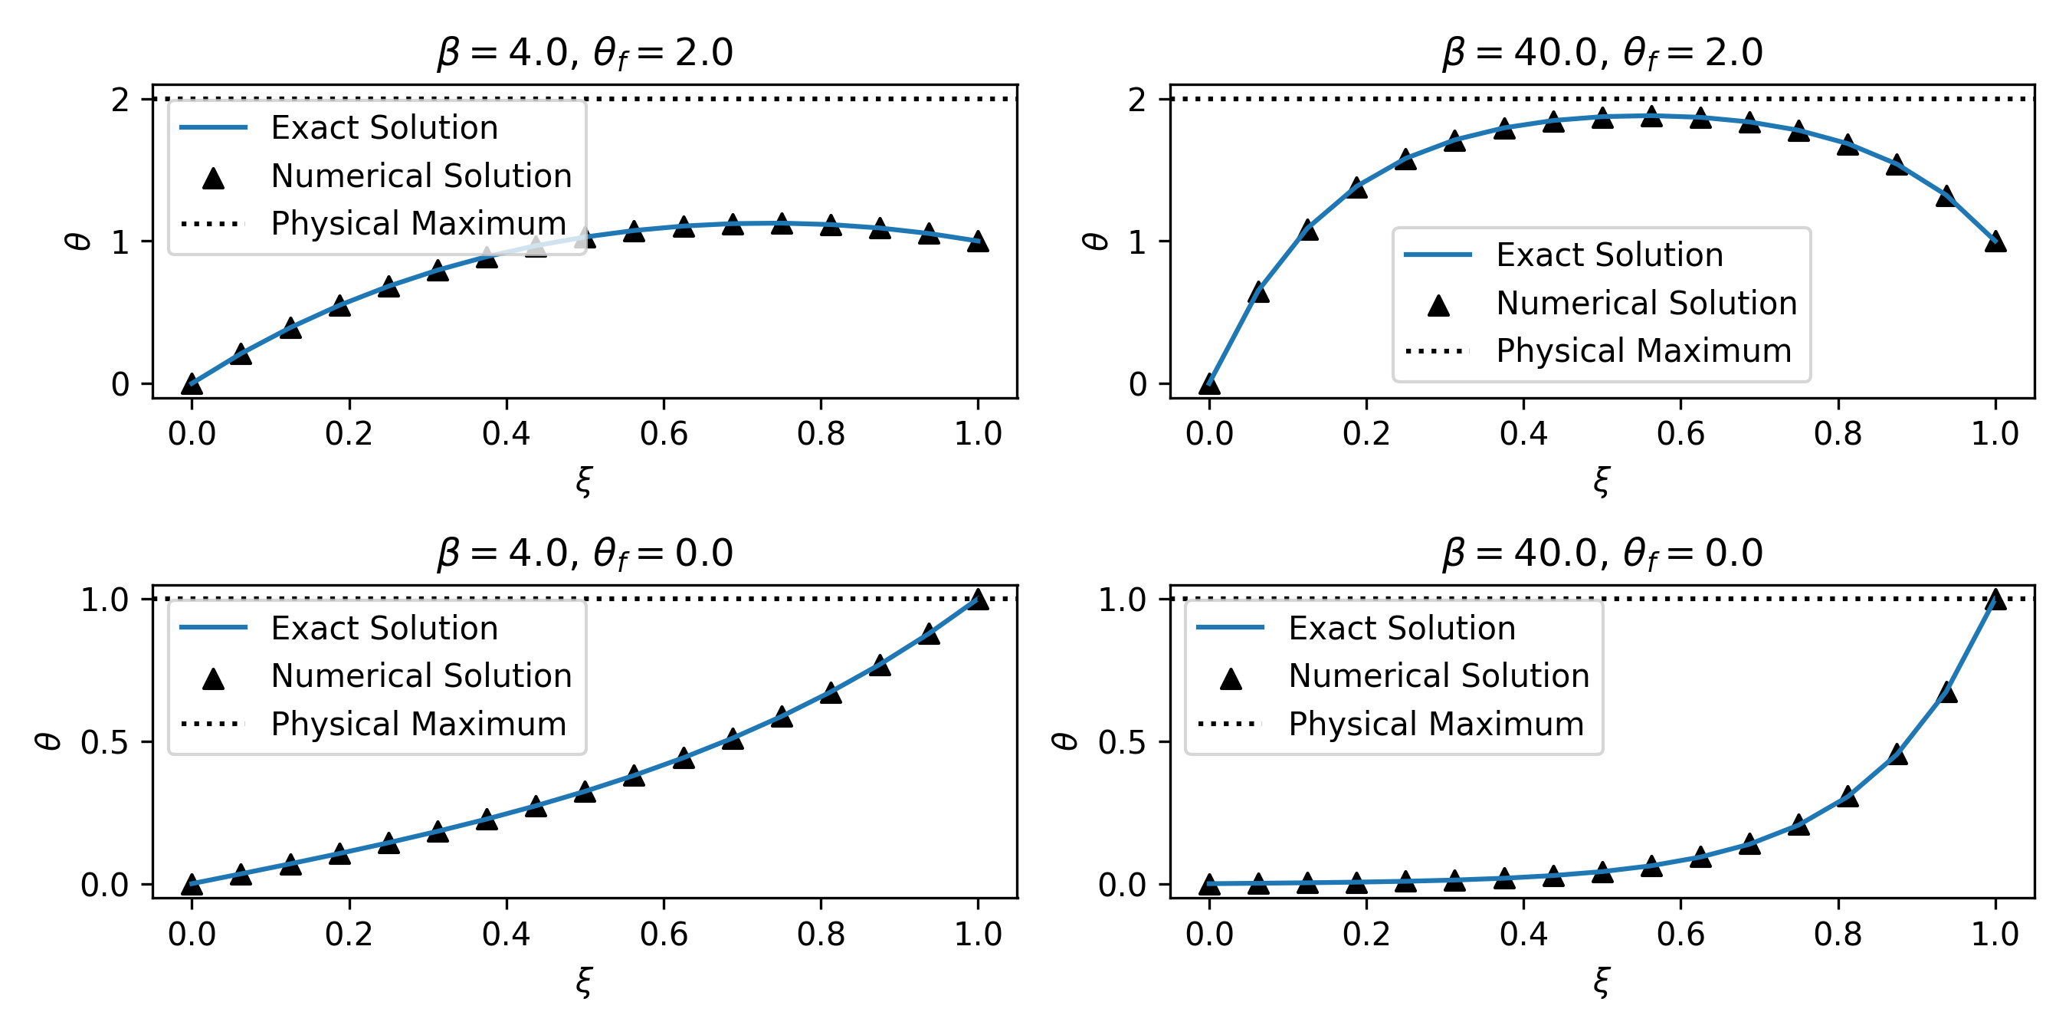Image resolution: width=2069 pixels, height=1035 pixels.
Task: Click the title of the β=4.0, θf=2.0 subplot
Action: tap(585, 53)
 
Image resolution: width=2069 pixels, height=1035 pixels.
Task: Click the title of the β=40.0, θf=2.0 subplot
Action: tap(1602, 53)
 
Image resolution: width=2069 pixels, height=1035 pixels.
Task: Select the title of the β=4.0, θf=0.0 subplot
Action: tap(585, 553)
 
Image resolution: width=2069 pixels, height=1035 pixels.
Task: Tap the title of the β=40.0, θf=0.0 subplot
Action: tap(1602, 553)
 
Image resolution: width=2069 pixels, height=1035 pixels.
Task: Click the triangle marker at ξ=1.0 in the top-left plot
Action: tap(978, 241)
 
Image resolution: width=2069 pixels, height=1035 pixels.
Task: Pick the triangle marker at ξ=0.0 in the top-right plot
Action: tap(1208, 384)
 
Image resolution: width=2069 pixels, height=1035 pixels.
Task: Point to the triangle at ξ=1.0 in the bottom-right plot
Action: tap(1995, 600)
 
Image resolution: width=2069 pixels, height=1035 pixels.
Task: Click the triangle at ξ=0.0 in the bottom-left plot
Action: tap(191, 885)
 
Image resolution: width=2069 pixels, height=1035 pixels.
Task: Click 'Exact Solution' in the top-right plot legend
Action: tap(1608, 255)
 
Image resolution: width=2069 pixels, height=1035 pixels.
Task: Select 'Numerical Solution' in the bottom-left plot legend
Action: tap(421, 675)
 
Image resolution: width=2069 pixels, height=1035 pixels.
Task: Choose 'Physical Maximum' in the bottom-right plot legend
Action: tap(1436, 724)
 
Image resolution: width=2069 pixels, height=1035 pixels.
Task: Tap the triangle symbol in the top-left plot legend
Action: tap(213, 178)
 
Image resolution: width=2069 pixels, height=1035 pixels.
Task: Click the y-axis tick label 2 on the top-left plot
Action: tap(120, 100)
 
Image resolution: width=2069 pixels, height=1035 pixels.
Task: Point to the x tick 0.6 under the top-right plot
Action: tap(1680, 434)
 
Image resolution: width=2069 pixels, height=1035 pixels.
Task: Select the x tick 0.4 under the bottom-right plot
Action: tap(1523, 935)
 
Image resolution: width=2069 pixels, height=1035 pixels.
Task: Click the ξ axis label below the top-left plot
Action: tap(584, 481)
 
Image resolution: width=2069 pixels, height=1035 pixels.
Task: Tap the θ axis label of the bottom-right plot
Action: tap(1064, 741)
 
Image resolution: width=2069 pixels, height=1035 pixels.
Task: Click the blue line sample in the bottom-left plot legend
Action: tap(213, 628)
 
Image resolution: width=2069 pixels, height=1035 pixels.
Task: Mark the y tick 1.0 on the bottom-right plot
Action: tap(1121, 600)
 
